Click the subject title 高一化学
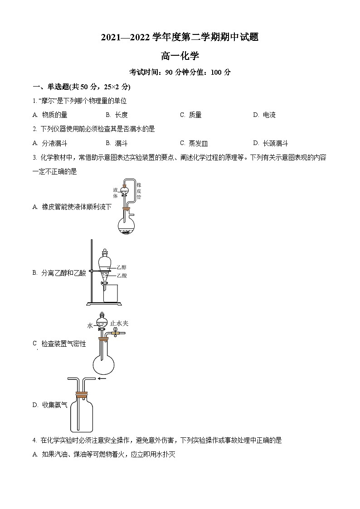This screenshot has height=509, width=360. click(180, 56)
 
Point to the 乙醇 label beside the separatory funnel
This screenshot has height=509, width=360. click(122, 267)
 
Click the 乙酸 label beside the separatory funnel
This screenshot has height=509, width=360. click(122, 275)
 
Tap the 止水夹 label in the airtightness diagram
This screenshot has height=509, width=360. click(120, 323)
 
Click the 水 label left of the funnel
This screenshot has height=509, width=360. click(90, 325)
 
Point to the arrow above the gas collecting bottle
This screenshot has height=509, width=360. click(102, 378)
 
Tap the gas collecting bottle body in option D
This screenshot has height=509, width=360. click(82, 415)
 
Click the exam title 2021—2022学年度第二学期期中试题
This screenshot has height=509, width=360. click(180, 38)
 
